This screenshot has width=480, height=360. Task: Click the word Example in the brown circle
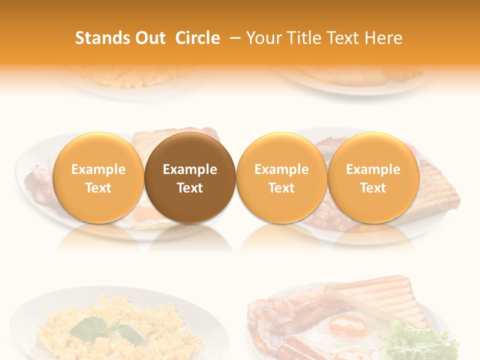190,169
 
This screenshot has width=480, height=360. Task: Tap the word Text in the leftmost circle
98,188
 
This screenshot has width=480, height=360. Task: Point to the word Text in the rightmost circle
373,188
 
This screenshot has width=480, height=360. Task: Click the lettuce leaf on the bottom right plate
420,340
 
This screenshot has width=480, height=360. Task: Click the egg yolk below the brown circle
147,214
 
